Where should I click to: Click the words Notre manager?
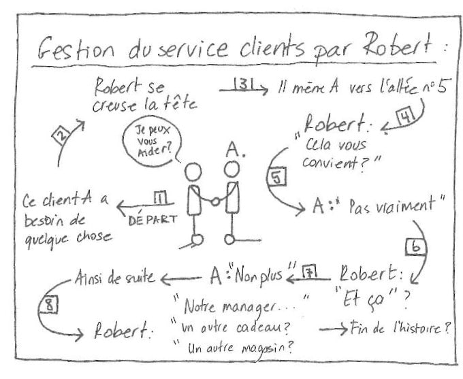(x=236, y=300)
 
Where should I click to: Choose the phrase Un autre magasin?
(x=240, y=348)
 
